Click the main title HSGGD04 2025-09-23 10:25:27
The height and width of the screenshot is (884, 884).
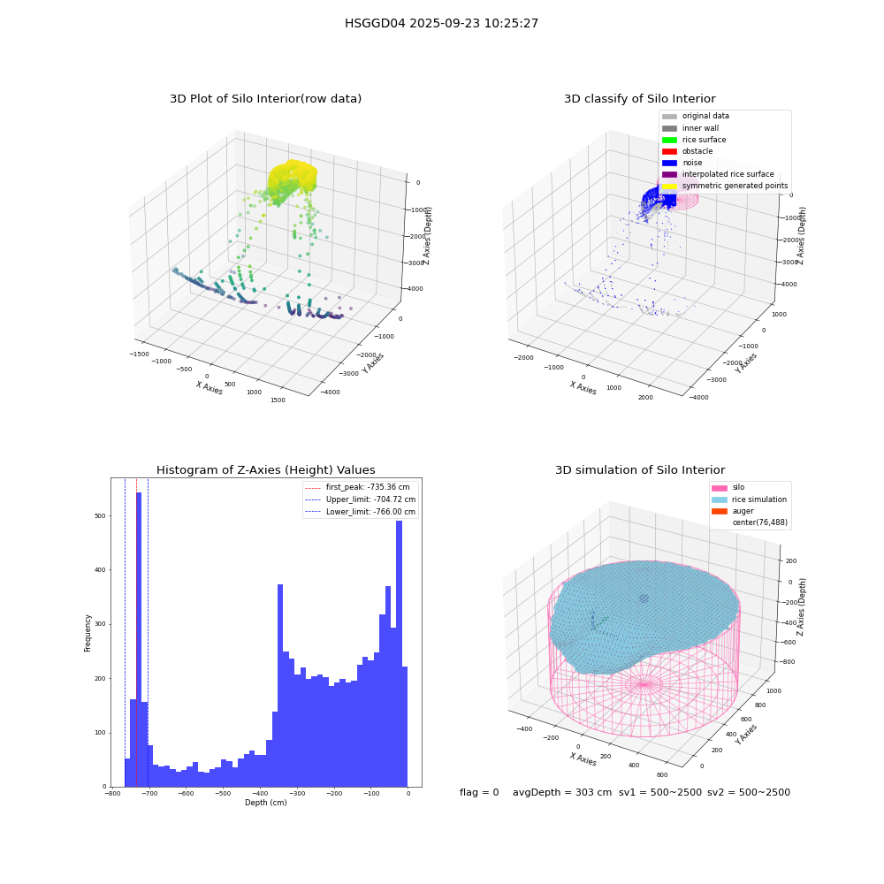pyautogui.click(x=441, y=23)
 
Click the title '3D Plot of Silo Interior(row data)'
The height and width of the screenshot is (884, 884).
pyautogui.click(x=265, y=99)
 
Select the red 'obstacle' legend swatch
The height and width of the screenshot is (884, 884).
pyautogui.click(x=669, y=151)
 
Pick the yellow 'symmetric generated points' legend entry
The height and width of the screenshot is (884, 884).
pyautogui.click(x=725, y=186)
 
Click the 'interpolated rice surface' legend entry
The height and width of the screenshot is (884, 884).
pyautogui.click(x=718, y=174)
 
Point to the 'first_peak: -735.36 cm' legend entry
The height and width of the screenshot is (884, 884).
pyautogui.click(x=357, y=487)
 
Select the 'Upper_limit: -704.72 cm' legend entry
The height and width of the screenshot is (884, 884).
pyautogui.click(x=361, y=499)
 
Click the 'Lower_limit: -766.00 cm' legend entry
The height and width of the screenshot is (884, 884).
pyautogui.click(x=361, y=512)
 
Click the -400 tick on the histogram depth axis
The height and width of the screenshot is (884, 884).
pyautogui.click(x=260, y=793)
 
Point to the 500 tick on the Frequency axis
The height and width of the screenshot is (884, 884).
pyautogui.click(x=101, y=516)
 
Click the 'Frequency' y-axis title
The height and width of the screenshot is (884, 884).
pyautogui.click(x=88, y=633)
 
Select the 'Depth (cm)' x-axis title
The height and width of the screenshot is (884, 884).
pyautogui.click(x=266, y=803)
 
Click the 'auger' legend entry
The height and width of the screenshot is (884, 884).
pyautogui.click(x=732, y=511)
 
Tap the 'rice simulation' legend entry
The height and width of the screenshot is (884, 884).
pyautogui.click(x=749, y=499)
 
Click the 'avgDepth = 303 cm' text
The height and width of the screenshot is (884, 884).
pyautogui.click(x=562, y=792)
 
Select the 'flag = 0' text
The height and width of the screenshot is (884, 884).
pyautogui.click(x=479, y=792)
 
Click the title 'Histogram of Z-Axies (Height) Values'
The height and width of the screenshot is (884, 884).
pyautogui.click(x=265, y=470)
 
